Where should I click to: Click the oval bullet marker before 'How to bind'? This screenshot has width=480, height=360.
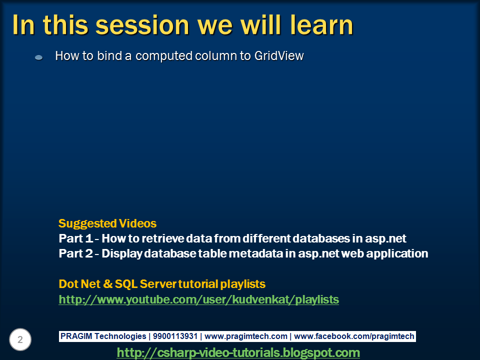(38, 58)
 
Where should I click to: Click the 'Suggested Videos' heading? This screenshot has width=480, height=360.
(107, 223)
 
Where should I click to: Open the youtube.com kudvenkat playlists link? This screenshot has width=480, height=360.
(198, 299)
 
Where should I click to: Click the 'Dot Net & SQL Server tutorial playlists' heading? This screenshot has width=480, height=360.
(162, 284)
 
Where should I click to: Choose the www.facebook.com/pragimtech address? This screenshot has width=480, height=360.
(354, 336)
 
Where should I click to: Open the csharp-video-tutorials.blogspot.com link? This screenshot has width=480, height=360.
(238, 352)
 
